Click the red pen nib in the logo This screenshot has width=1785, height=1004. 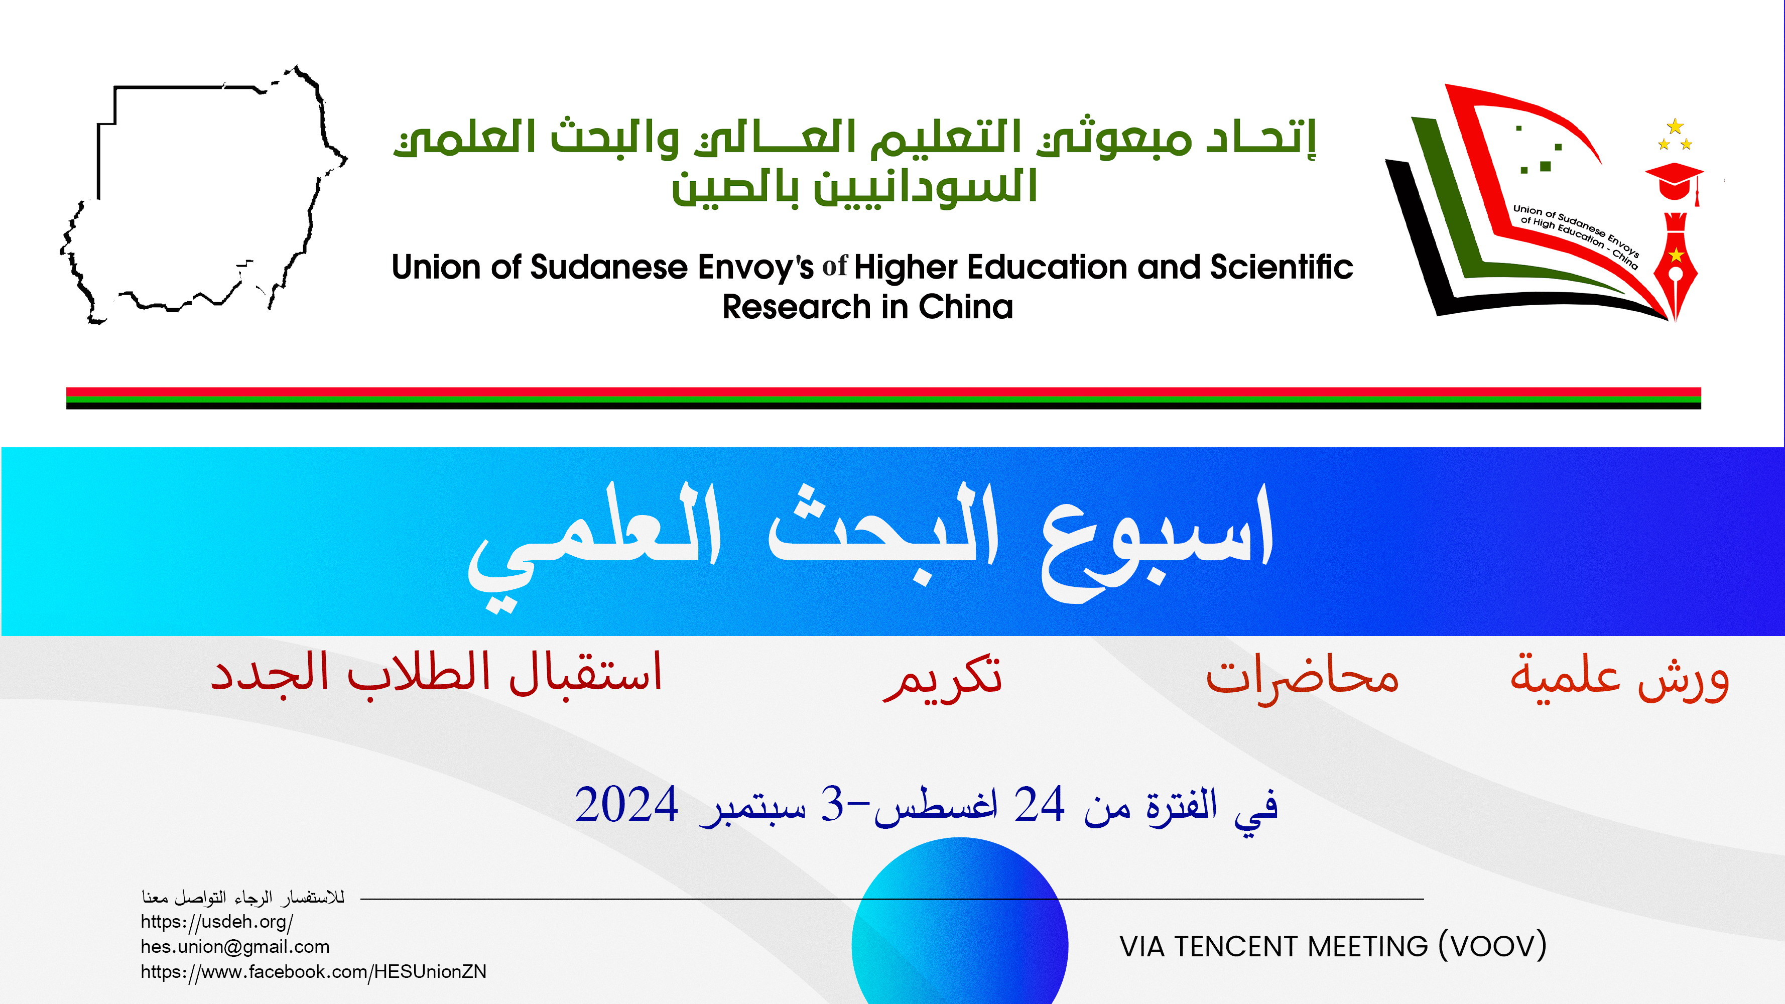(1676, 267)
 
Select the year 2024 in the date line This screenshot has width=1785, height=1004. (626, 804)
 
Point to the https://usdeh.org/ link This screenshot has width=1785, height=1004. (217, 922)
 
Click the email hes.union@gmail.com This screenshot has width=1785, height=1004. (235, 946)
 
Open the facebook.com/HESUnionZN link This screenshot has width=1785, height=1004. (313, 971)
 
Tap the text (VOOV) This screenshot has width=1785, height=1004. (1492, 946)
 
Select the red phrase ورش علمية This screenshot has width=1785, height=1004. (1620, 677)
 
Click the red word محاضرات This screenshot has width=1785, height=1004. (1302, 677)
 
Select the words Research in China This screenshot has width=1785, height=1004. (867, 307)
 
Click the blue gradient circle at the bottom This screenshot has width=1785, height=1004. (960, 922)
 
